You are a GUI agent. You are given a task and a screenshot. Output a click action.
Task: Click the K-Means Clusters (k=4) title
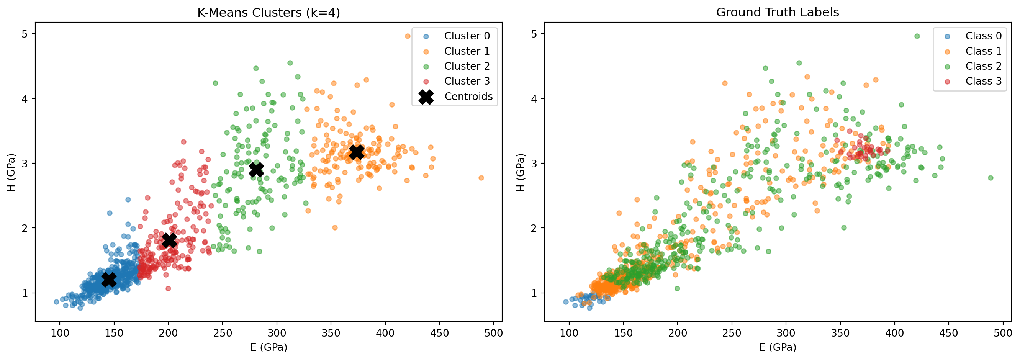(269, 13)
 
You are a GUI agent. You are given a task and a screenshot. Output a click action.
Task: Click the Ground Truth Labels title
(777, 12)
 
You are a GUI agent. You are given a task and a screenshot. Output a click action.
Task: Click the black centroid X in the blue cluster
(109, 279)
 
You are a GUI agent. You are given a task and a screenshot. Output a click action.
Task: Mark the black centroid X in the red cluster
(169, 240)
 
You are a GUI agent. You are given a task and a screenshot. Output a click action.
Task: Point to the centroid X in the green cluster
(257, 170)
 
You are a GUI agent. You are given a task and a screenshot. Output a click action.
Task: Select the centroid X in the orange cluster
(357, 152)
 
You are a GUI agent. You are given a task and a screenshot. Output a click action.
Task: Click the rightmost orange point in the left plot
(481, 178)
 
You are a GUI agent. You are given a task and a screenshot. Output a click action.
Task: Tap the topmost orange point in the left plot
(408, 36)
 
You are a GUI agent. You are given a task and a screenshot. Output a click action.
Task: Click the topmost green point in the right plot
(917, 36)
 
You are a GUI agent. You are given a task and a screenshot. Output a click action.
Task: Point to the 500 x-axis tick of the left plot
(493, 333)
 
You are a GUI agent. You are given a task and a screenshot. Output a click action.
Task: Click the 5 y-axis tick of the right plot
(535, 34)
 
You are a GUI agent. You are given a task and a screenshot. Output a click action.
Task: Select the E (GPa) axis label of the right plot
(778, 347)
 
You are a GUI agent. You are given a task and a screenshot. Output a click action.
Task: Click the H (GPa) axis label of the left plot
(11, 172)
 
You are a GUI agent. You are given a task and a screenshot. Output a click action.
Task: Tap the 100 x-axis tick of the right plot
(569, 333)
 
